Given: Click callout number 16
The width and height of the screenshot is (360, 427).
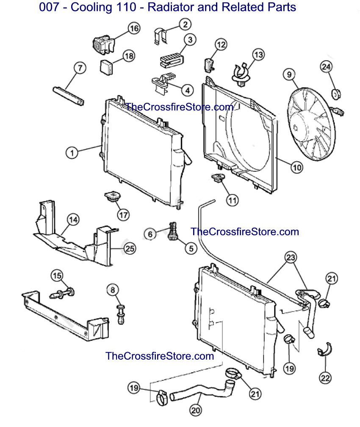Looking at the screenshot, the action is [x=134, y=28].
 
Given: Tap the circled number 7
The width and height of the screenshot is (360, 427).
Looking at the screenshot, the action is [x=80, y=68].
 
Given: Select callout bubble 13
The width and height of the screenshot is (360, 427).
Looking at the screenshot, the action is [x=258, y=55].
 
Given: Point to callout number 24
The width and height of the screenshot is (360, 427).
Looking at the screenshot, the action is [x=326, y=67].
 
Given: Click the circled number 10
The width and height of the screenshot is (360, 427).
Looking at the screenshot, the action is [x=297, y=167].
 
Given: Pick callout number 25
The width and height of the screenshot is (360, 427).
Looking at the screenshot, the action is [x=130, y=248].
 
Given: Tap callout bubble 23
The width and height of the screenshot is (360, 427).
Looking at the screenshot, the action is [x=291, y=257].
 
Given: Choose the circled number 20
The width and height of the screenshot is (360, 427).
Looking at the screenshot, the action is [x=196, y=410].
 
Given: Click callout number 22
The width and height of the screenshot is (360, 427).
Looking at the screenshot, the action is [x=325, y=378].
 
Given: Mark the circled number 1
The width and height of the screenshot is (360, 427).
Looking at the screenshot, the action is [x=72, y=152].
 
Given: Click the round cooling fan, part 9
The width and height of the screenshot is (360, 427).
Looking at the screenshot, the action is [x=311, y=124].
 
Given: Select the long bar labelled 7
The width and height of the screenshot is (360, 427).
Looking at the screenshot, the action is [x=68, y=96].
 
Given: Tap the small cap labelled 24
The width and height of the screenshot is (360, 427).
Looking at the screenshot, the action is [x=336, y=94].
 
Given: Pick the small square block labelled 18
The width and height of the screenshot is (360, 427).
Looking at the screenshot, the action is [x=106, y=67].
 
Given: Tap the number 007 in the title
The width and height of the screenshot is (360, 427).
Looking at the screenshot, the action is [x=49, y=7].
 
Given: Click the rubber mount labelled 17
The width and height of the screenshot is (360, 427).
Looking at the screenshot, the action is [x=112, y=197].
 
